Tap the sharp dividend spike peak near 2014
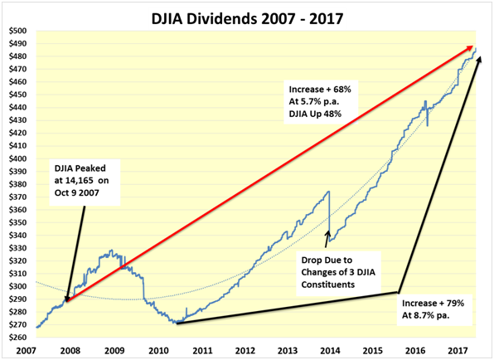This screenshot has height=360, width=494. click(x=329, y=192)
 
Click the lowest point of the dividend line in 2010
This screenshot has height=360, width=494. click(x=176, y=323)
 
